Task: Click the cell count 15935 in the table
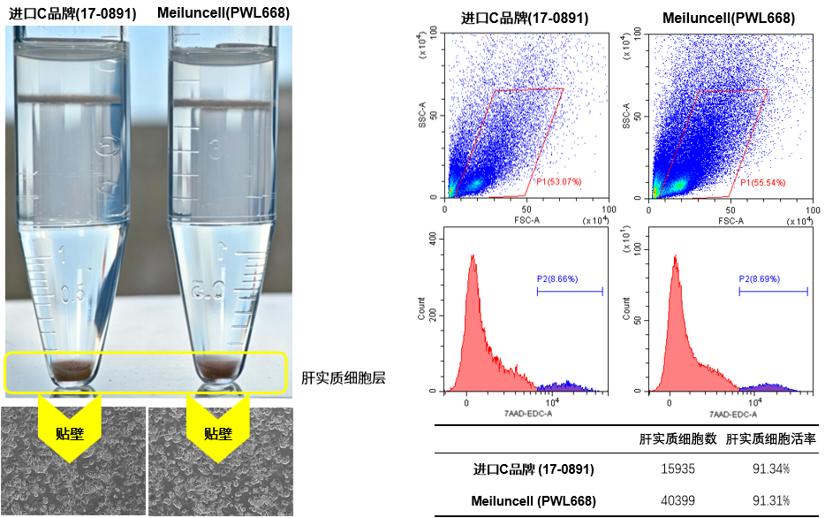677,468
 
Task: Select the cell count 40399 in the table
677,500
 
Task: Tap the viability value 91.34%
771,468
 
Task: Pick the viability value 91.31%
771,500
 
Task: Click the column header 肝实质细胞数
677,439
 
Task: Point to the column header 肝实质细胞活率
771,439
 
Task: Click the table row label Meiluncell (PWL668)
534,500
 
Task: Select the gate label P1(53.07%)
559,181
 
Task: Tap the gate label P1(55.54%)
763,183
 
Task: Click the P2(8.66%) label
557,279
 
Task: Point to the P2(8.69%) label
760,279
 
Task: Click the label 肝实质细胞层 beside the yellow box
344,378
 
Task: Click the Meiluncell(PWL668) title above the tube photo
223,12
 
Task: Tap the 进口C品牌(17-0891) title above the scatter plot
525,18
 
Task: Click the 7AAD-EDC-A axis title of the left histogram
526,414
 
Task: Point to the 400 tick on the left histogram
433,239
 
